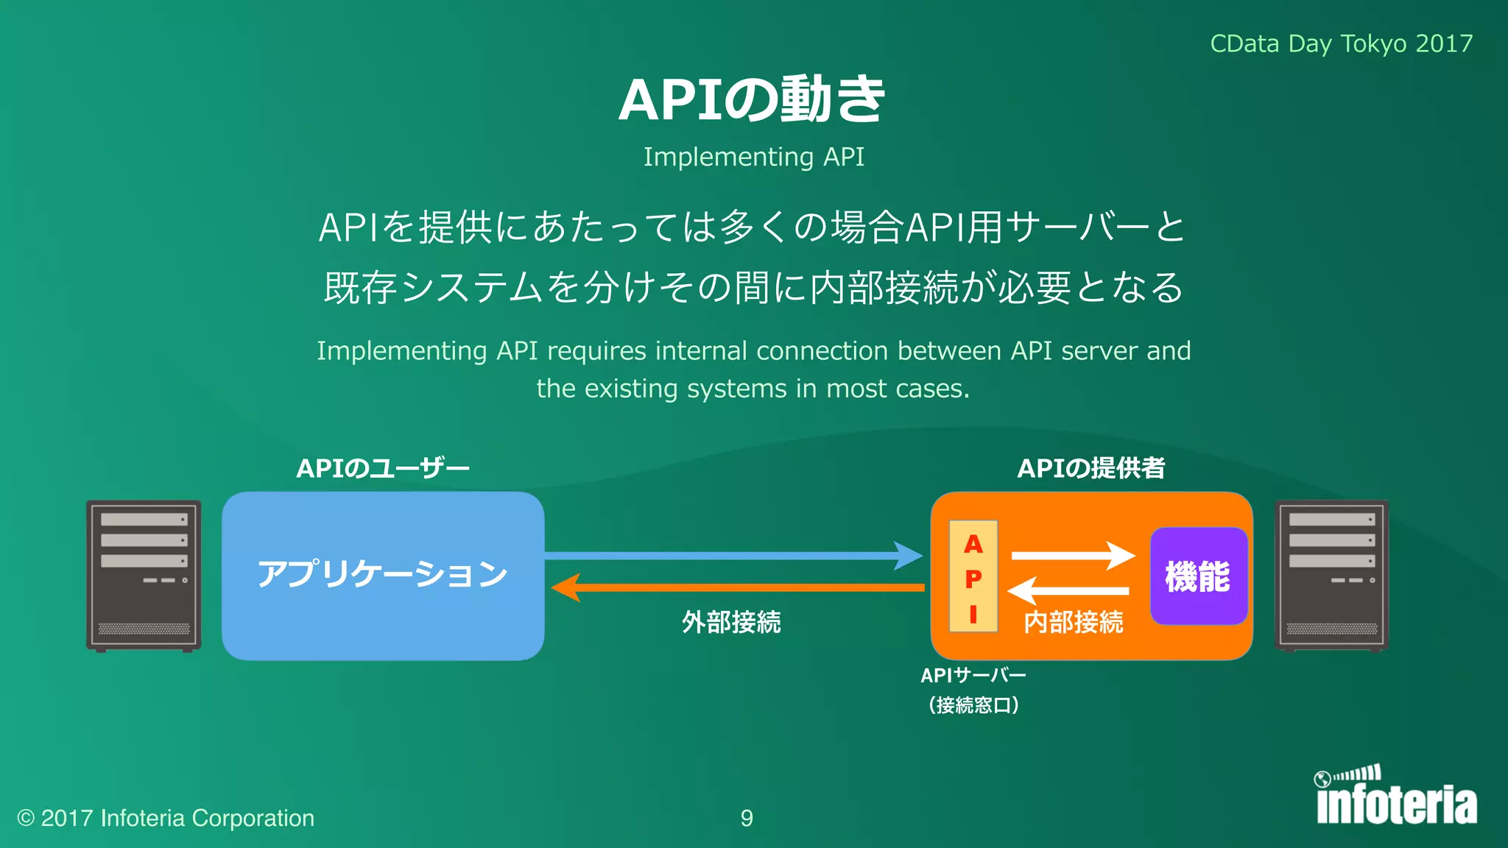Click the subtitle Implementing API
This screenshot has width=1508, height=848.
753,157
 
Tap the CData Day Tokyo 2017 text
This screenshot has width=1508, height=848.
1341,43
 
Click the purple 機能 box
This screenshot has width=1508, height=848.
1198,576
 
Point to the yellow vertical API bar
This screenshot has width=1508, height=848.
973,576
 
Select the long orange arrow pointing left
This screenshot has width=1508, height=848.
736,587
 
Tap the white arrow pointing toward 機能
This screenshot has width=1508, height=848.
1072,556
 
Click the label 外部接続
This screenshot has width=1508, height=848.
731,623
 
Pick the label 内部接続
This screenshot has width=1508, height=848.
1074,623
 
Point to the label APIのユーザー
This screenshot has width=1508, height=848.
383,468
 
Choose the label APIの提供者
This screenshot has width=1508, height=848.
1091,468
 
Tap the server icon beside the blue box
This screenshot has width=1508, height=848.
144,576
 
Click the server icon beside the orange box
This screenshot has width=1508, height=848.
1331,576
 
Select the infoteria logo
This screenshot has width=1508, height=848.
1396,796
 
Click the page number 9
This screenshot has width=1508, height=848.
747,818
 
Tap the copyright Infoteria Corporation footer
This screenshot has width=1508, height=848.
166,818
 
